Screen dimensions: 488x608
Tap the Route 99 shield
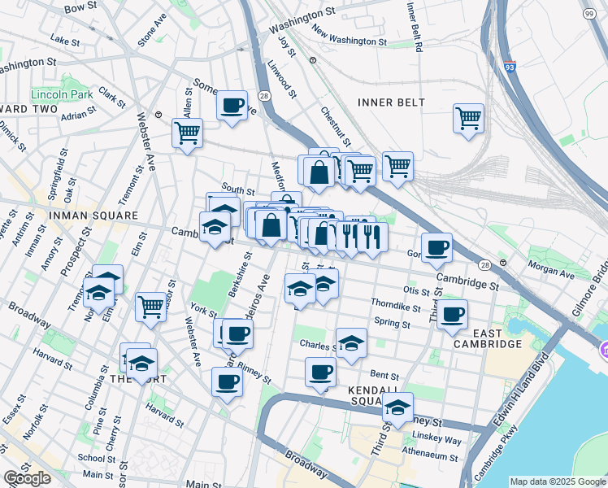coord(588,14)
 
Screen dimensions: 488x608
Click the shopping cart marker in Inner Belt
coord(468,118)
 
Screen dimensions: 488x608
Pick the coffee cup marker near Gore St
coord(436,247)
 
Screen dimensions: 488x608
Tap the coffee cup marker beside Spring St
coord(452,314)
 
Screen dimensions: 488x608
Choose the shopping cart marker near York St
coord(150,307)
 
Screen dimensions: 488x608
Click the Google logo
coord(27,477)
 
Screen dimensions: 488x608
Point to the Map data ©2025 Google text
coord(557,481)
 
